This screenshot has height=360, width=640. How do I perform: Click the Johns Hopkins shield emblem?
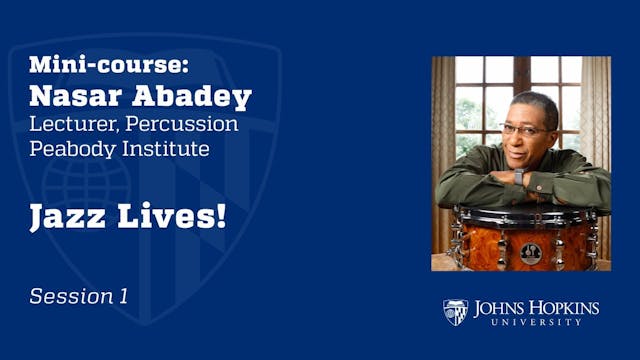[x=455, y=312]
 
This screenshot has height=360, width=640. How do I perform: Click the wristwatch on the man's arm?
[x=519, y=177]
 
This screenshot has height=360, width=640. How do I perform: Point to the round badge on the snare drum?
[x=531, y=251]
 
